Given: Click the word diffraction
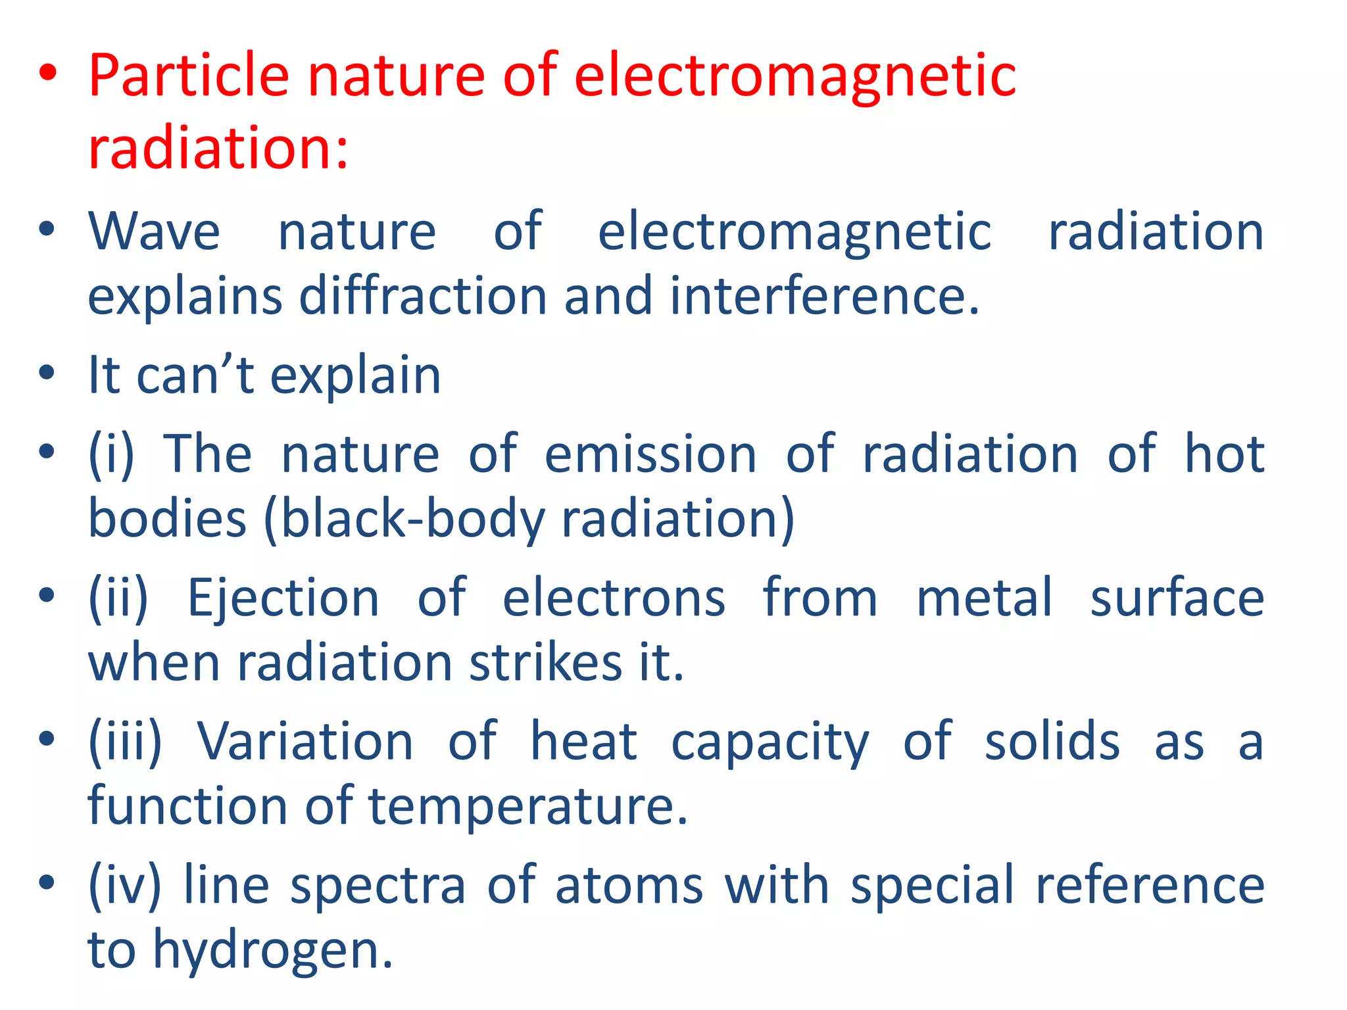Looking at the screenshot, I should (x=423, y=296).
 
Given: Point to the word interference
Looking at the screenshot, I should (x=824, y=296).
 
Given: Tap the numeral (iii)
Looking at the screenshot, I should (x=125, y=741).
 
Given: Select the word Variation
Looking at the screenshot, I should (x=305, y=741).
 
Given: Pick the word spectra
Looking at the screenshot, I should (x=378, y=885).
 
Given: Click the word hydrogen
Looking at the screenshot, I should (x=272, y=951).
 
